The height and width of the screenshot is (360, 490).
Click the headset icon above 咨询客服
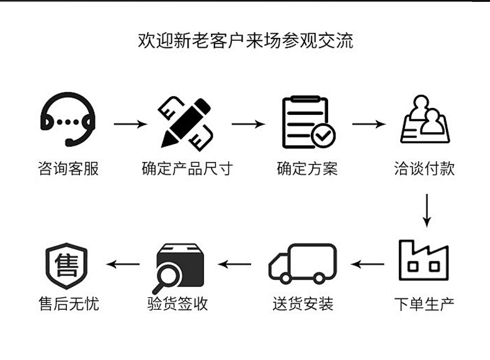pos(68,120)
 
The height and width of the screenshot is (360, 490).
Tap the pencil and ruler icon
pos(187,123)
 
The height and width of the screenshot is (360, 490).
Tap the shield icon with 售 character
pos(66,263)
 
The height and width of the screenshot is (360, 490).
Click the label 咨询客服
pos(68,168)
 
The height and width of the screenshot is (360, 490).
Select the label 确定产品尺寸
pos(187,168)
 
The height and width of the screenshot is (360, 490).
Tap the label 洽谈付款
pos(424,168)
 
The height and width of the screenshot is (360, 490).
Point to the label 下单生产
pos(424,304)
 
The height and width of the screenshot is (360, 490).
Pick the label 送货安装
pos(303,304)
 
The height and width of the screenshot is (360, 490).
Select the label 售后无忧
pos(68,304)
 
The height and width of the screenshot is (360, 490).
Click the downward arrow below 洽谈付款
pos(426,211)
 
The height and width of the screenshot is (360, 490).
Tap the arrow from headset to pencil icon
pos(130,124)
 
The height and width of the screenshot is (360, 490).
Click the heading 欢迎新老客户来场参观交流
pos(245,41)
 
